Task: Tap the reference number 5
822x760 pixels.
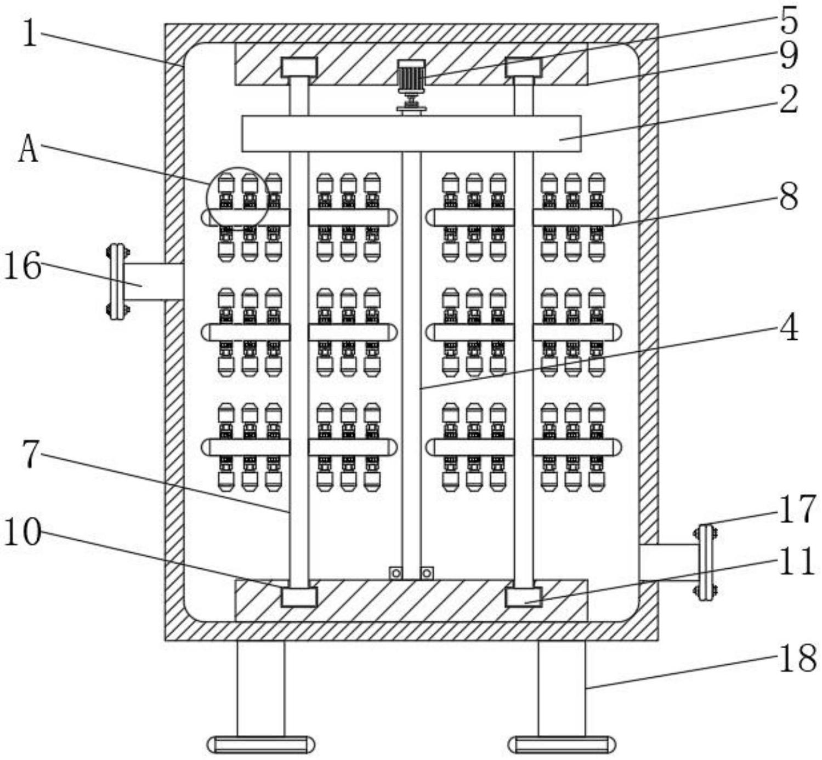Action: point(788,20)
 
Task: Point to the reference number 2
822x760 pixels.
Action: point(788,99)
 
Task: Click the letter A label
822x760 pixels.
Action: point(28,149)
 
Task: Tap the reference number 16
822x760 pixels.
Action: point(22,266)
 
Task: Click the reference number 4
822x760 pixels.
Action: point(788,328)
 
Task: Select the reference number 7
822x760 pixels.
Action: point(31,454)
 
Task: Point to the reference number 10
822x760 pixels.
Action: point(22,531)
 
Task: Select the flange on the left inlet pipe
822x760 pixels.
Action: point(116,282)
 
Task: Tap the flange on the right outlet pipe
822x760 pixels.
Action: point(705,562)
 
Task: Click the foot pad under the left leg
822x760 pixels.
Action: point(260,745)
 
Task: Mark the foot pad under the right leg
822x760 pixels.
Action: point(562,745)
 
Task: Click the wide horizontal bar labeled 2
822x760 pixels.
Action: point(411,134)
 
